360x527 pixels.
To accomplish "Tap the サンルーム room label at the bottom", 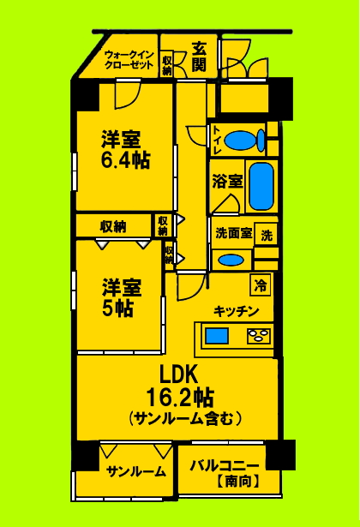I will (136, 470).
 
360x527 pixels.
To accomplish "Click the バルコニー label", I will (225, 465).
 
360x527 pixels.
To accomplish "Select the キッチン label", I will (237, 311).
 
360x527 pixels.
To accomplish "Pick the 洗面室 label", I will (232, 232).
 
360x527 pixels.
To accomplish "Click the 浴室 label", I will (228, 181).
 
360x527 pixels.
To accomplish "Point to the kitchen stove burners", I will (259, 336).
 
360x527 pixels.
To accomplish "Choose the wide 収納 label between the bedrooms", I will (113, 227).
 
